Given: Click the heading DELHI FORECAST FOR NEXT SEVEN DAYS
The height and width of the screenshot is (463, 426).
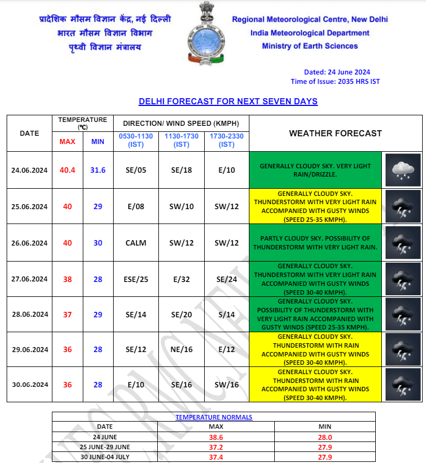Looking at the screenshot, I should (x=228, y=102).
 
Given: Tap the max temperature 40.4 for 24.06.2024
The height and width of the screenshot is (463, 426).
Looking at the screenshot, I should (x=68, y=170).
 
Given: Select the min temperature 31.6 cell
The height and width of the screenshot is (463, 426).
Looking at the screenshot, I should (x=98, y=170).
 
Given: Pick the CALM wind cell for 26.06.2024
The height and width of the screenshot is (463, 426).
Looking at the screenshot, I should (x=136, y=243).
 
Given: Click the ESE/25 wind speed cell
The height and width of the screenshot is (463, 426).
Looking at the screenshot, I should (x=136, y=279).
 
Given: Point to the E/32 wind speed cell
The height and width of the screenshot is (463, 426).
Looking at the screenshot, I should (x=182, y=279).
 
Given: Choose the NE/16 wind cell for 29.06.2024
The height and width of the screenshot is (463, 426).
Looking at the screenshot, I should (x=182, y=350).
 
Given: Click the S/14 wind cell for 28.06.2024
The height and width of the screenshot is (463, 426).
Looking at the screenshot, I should (x=226, y=315).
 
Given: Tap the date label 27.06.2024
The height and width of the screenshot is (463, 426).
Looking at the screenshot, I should (x=29, y=279).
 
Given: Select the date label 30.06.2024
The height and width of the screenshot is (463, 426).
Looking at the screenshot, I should (x=29, y=385).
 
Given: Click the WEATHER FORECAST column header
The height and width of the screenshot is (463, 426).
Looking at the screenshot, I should (x=335, y=134).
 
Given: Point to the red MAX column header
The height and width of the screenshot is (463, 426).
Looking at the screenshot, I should (x=67, y=142).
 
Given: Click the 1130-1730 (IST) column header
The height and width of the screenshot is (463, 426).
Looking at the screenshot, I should (x=182, y=140).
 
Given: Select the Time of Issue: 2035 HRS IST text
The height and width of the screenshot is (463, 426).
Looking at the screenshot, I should (x=335, y=82).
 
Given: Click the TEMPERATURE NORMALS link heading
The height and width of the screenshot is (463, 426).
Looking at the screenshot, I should (x=214, y=417).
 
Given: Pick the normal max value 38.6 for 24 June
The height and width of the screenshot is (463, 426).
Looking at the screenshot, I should (x=216, y=437).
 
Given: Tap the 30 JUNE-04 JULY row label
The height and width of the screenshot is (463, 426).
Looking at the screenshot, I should (x=105, y=456).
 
